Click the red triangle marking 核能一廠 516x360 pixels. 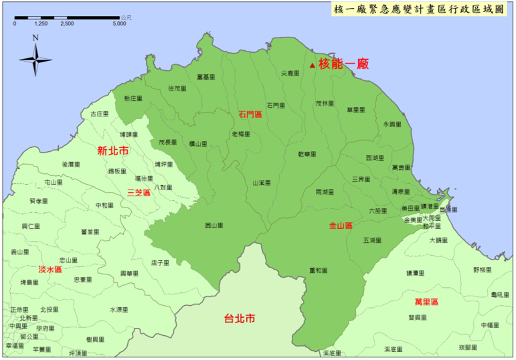tap(312, 65)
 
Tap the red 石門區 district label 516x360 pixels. tap(250, 115)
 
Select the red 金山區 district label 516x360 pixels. tap(341, 226)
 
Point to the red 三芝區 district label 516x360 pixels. tap(139, 193)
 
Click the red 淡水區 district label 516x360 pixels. tap(50, 270)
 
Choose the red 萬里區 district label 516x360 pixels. tap(426, 302)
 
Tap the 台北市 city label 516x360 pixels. tap(240, 319)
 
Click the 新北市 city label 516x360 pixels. tap(113, 151)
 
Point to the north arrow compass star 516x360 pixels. tap(35, 60)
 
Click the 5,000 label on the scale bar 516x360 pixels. tap(119, 24)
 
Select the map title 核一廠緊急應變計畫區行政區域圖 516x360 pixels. tap(419, 9)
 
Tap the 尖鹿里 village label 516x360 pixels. tap(290, 74)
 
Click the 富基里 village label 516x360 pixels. tap(206, 77)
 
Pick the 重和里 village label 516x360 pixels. tap(318, 271)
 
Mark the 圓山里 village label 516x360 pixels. tap(214, 225)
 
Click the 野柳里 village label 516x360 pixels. tap(482, 270)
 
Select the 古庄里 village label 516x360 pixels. tap(99, 114)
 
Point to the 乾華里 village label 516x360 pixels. tap(307, 154)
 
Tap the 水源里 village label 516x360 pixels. tap(119, 310)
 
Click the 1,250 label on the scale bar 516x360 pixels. tap(41, 24)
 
